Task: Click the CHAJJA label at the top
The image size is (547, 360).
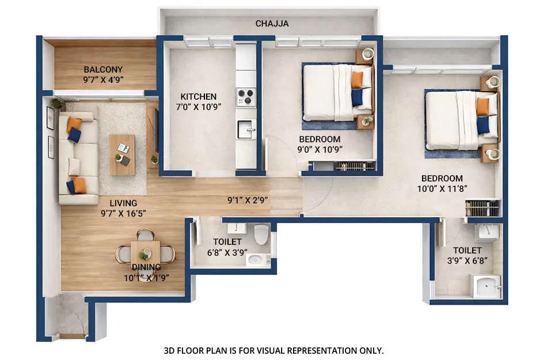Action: pos(272,24)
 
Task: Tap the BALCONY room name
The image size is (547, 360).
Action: pos(103,70)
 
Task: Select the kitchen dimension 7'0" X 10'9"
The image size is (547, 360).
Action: pos(199,106)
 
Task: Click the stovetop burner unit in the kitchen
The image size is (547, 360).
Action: pos(246,96)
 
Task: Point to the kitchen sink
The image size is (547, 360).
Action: pos(246,128)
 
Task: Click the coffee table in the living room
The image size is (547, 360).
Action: pos(122,154)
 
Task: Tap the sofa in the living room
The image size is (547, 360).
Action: pos(78,157)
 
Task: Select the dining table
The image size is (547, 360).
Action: pos(145,253)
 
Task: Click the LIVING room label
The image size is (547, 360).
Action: pos(124,203)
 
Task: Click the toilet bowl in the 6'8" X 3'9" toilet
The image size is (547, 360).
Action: pos(262,234)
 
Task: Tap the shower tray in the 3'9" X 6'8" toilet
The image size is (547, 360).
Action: pos(487,286)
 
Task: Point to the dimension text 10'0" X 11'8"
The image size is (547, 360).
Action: pos(442,188)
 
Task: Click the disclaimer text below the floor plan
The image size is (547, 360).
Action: pos(273,350)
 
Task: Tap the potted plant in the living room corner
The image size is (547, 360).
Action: pos(56,104)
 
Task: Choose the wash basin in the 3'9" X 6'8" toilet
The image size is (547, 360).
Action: pos(487,233)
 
